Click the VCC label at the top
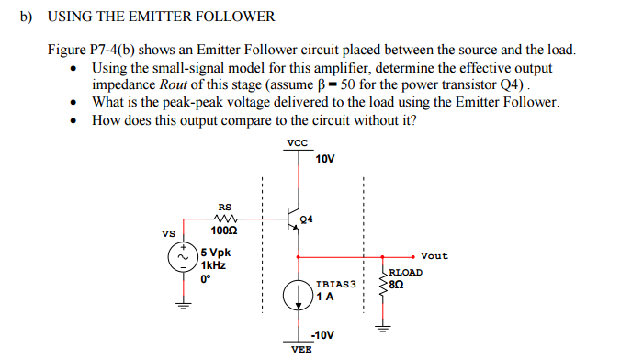tap(297, 142)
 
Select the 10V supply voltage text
tap(325, 159)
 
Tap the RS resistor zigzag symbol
tap(225, 219)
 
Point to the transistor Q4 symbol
tap(292, 219)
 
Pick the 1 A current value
tap(323, 297)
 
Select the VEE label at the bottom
tap(300, 350)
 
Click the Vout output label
tap(434, 255)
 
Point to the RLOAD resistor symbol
tap(384, 280)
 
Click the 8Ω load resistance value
tap(397, 285)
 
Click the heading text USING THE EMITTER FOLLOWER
tap(161, 17)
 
